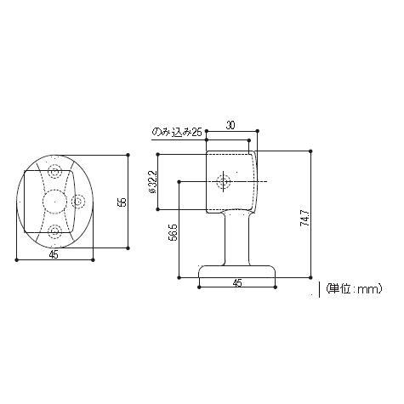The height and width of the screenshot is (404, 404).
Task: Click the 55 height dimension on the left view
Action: tap(122, 202)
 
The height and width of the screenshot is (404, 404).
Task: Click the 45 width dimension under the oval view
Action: tap(53, 253)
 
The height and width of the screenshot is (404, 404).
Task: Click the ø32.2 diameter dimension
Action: tap(151, 180)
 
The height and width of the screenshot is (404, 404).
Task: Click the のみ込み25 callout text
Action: tap(177, 132)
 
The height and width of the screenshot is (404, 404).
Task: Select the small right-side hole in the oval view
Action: tap(78, 202)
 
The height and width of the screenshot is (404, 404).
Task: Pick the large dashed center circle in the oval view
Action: tap(55, 202)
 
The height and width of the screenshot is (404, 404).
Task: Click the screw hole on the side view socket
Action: tap(225, 181)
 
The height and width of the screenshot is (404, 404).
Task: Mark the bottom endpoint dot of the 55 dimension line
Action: tap(128, 250)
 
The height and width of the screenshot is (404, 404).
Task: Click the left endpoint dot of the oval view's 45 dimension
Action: tap(17, 259)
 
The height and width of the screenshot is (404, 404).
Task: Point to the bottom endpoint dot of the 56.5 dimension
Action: tap(179, 276)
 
